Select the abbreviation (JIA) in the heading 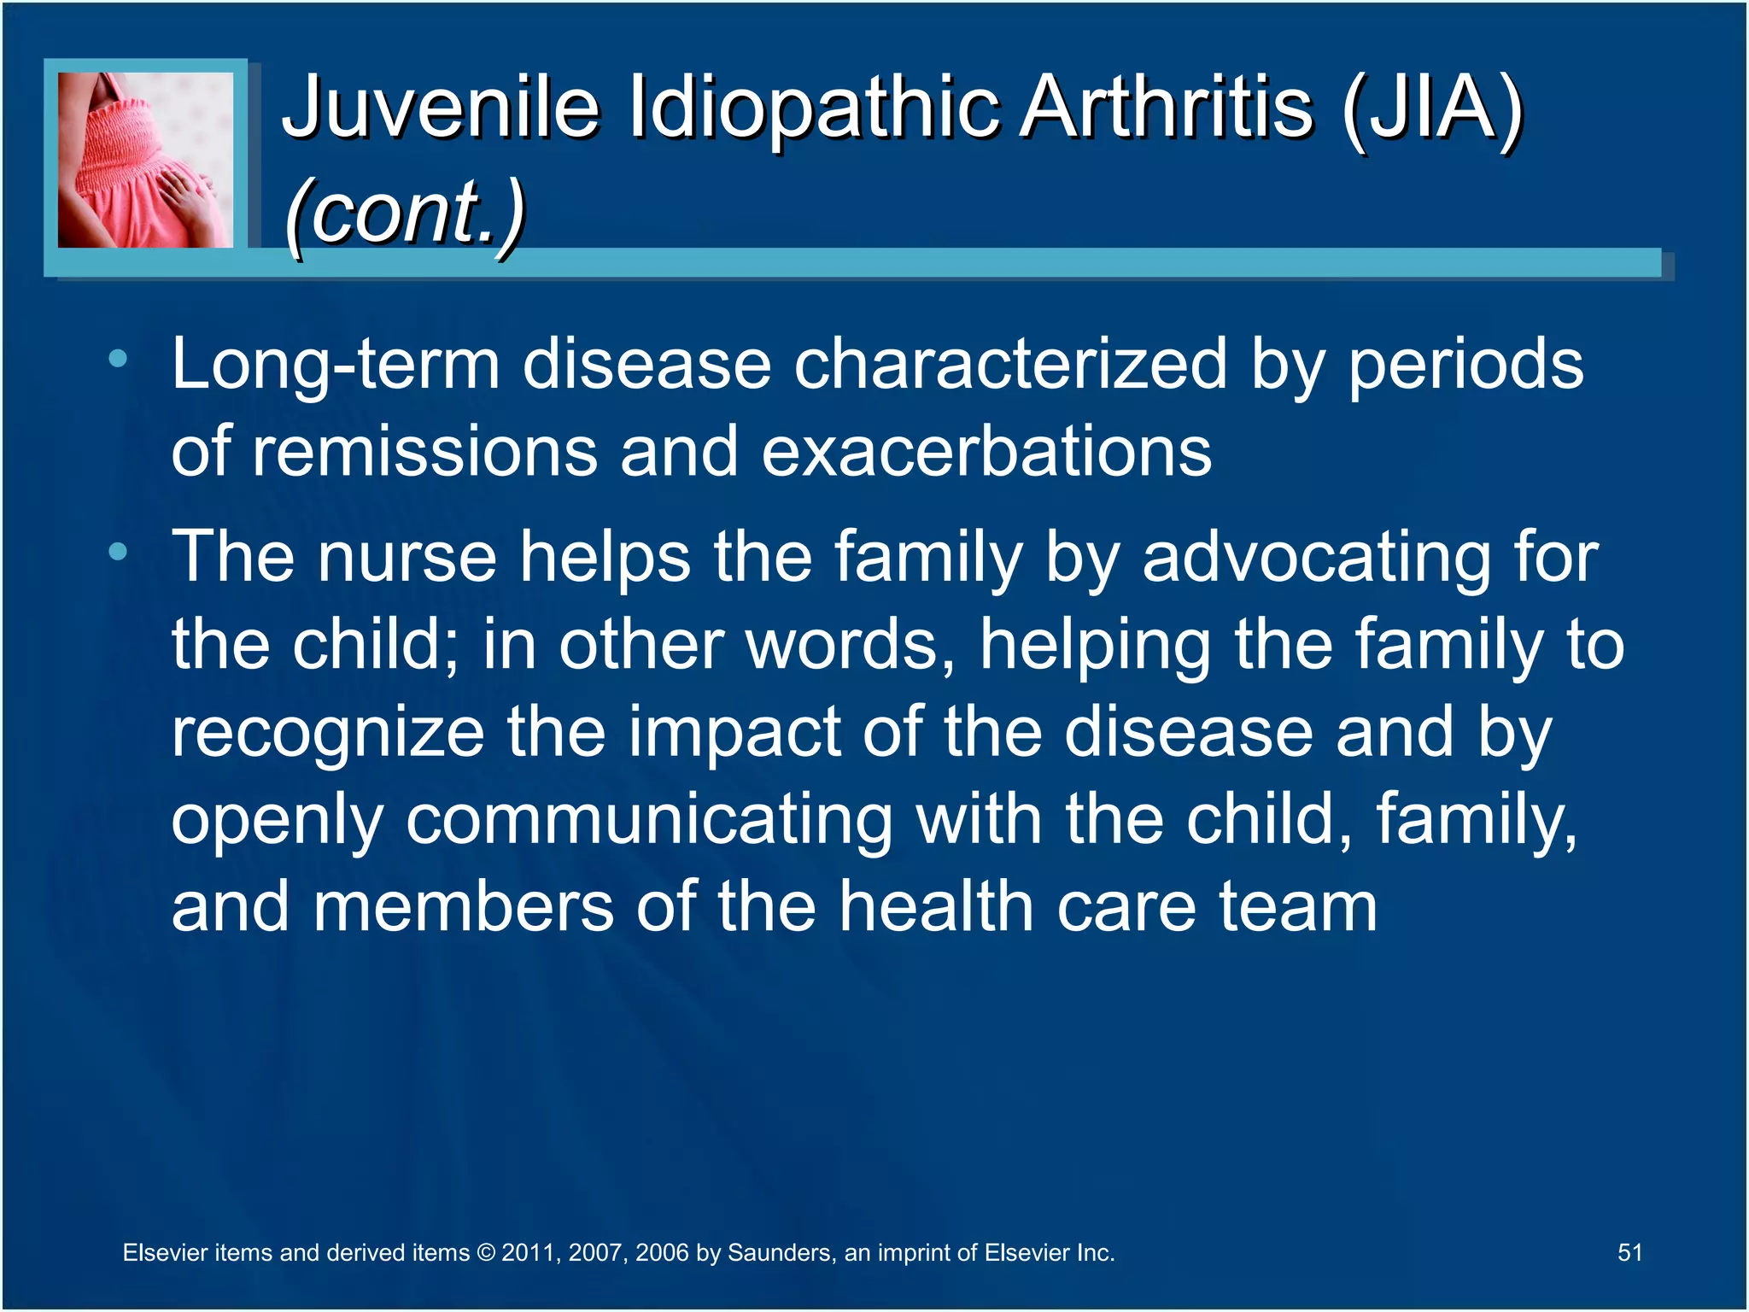[1432, 107]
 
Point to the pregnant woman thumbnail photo [145, 160]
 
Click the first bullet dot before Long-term [118, 359]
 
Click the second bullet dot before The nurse [118, 552]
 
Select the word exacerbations [986, 452]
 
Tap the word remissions [424, 452]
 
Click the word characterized [1010, 365]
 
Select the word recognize [328, 733]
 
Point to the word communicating [649, 820]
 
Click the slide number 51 [1629, 1252]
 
